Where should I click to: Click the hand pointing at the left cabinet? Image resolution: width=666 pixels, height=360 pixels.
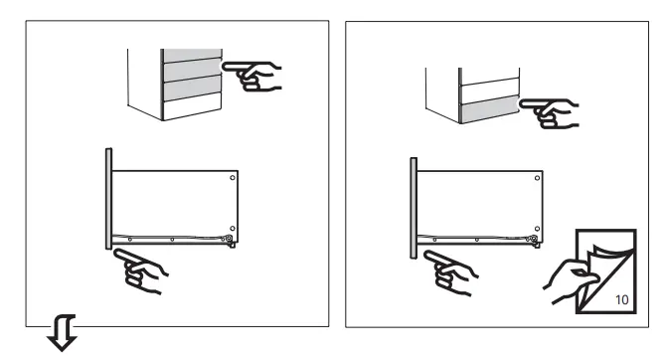256,72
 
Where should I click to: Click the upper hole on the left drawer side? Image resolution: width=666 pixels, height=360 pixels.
232,179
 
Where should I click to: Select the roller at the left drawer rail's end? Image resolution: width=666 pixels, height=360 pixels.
230,240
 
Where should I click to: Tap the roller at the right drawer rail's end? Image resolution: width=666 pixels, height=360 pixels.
534,240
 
